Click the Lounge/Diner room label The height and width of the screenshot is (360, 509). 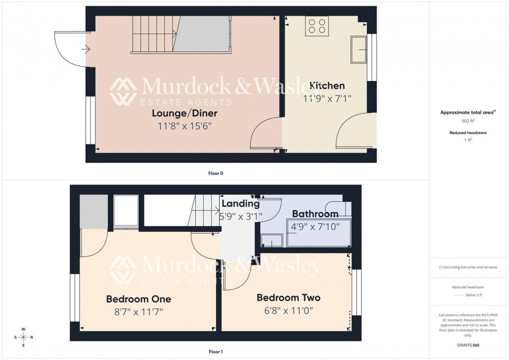184,113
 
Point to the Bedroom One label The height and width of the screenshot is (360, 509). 139,299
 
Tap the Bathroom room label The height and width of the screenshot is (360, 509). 315,214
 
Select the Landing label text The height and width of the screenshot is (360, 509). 240,204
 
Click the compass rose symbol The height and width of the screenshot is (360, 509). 23,337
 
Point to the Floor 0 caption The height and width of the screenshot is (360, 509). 215,173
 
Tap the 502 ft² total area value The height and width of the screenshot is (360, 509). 468,121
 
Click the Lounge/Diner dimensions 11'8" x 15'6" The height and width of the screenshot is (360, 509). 184,126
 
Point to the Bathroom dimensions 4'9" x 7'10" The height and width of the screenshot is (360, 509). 315,226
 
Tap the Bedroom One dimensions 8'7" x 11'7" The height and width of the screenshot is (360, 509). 139,312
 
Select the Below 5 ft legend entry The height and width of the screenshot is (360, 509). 474,295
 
